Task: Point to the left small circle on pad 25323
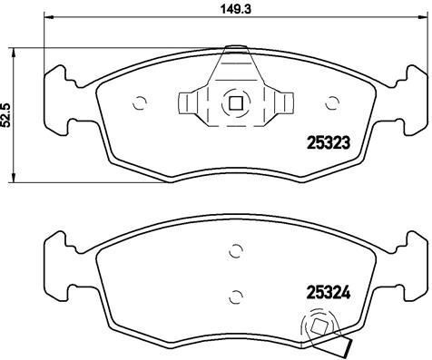click(x=139, y=102)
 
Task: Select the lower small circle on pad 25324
click(x=236, y=294)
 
